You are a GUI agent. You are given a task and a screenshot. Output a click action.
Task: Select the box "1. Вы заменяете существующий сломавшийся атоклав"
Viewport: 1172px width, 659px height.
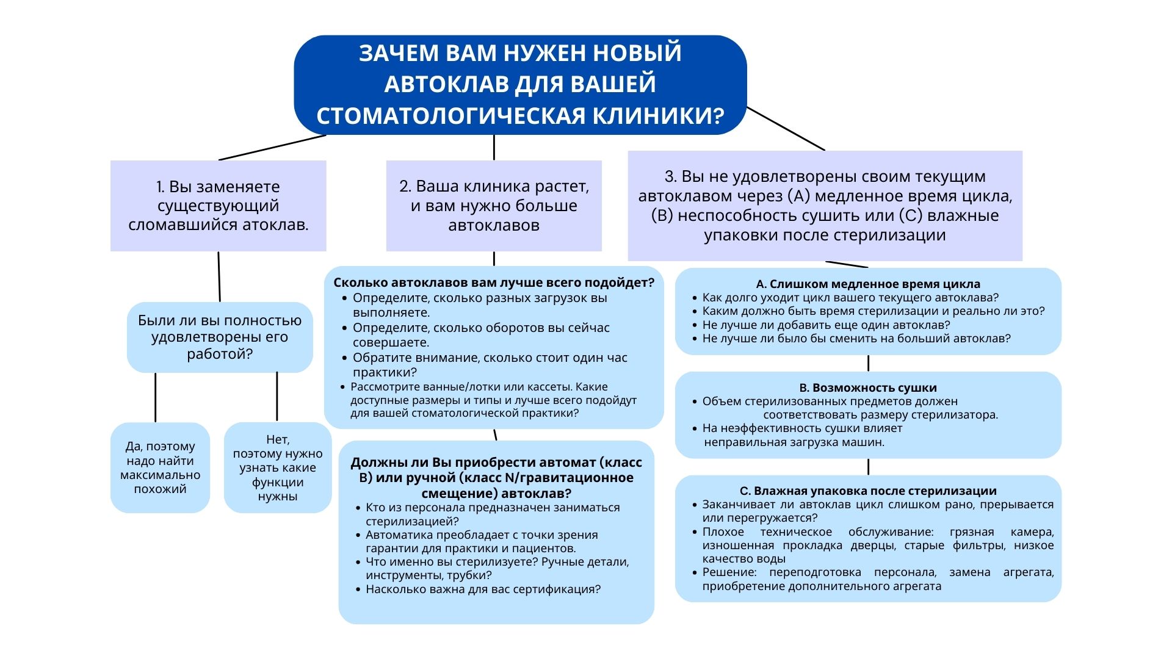218,206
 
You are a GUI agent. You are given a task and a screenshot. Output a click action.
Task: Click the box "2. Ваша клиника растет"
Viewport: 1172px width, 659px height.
494,206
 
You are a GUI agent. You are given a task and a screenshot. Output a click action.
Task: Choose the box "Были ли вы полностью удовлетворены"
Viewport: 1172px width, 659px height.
220,337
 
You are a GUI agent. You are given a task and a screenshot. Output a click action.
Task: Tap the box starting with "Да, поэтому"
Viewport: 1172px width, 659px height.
160,467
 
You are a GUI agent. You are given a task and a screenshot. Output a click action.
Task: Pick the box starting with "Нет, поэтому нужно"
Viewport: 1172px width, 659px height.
278,467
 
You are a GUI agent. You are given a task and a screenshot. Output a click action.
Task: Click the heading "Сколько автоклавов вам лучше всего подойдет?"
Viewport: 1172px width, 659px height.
493,283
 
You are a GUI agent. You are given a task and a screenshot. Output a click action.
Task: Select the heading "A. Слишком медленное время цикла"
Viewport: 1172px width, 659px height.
867,284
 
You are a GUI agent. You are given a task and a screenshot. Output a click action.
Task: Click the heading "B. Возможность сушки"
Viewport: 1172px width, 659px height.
867,387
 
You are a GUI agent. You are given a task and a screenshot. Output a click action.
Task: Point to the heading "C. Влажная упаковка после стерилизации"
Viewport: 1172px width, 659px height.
867,491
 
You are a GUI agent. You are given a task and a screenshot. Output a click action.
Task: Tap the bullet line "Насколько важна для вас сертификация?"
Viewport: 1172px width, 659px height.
483,589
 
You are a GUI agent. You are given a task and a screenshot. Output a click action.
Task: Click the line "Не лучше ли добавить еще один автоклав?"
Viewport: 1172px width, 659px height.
826,325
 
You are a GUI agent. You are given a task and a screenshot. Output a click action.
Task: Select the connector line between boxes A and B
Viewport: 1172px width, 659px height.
868,363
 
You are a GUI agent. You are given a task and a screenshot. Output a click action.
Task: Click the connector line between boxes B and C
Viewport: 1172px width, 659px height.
868,467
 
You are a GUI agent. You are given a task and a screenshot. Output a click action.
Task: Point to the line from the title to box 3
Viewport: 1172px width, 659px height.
786,128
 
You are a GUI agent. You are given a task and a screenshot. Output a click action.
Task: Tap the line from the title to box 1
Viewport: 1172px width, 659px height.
272,147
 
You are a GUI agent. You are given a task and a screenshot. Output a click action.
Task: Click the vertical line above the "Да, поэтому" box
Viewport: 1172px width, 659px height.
155,397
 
